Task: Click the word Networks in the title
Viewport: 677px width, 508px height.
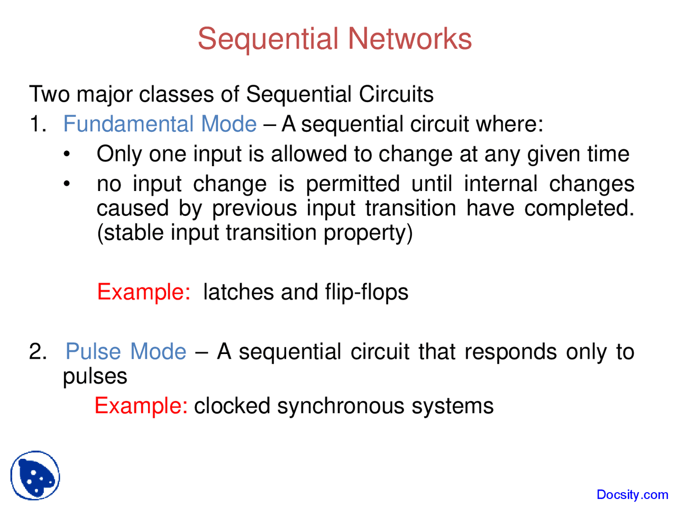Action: click(x=409, y=39)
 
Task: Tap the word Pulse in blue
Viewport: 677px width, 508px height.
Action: click(x=93, y=352)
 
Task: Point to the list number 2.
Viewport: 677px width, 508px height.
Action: click(x=38, y=352)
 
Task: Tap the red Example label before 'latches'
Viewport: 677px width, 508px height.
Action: click(x=143, y=292)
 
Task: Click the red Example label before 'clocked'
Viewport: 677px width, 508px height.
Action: click(x=141, y=406)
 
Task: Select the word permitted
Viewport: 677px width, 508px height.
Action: click(x=353, y=184)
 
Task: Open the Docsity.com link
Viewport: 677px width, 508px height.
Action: click(x=632, y=495)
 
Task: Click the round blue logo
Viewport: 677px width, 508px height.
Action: click(x=35, y=475)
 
